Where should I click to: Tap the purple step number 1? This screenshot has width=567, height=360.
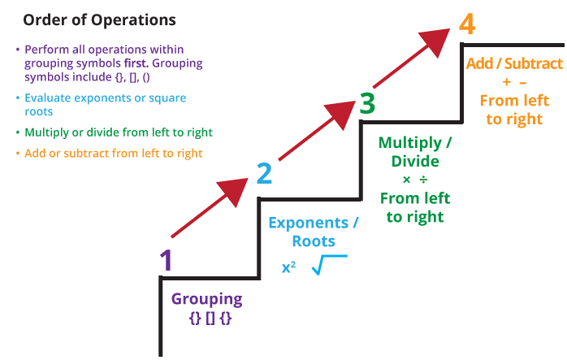click(166, 260)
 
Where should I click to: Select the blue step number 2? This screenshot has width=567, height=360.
click(264, 173)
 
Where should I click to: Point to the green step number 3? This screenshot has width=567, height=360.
click(367, 103)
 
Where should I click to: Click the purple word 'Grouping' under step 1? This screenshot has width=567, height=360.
click(206, 299)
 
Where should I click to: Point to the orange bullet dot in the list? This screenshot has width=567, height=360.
click(18, 153)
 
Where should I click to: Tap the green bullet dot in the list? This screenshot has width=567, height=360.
click(18, 132)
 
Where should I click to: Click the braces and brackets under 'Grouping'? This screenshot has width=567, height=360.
click(210, 319)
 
